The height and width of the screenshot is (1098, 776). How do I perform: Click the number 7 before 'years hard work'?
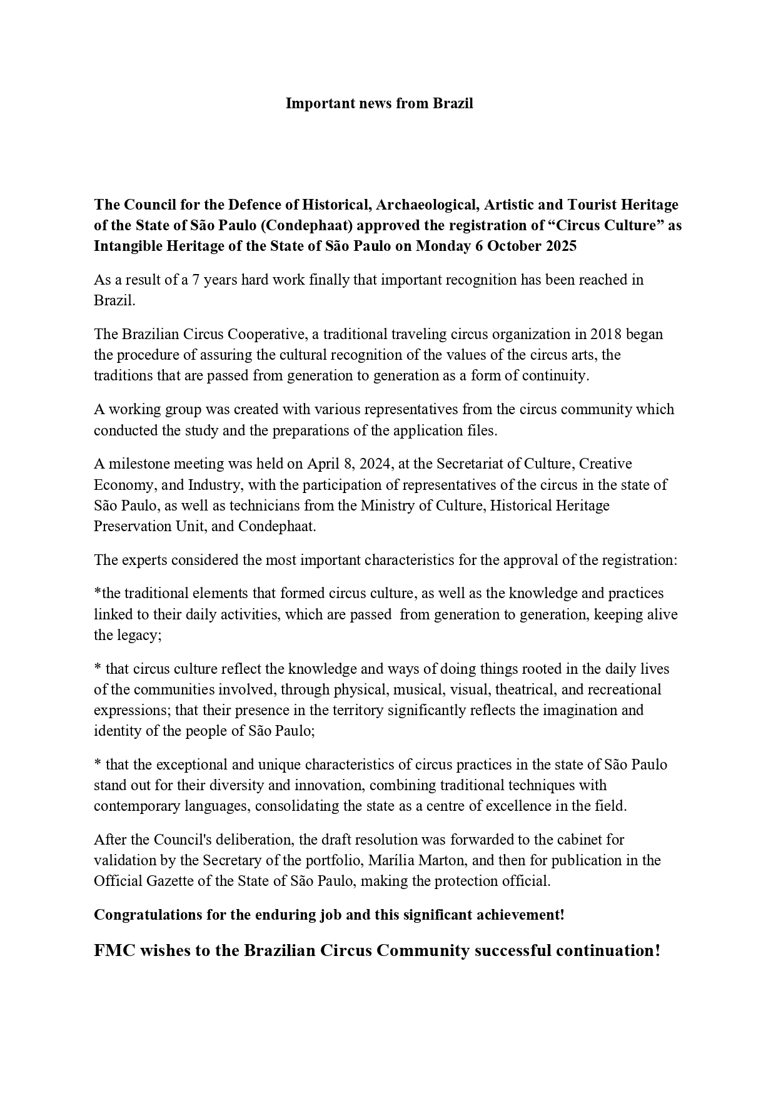click(195, 280)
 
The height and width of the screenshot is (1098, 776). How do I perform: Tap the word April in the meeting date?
click(322, 464)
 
